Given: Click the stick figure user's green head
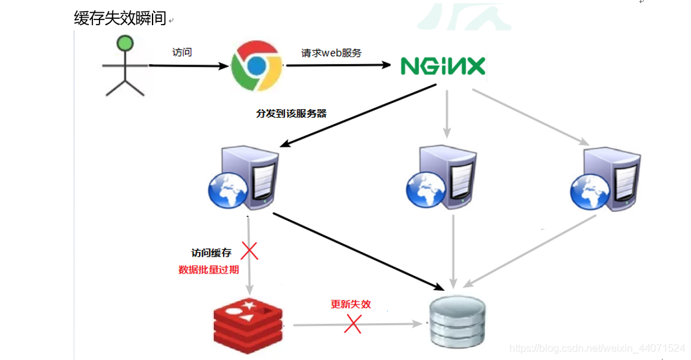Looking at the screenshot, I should pyautogui.click(x=124, y=45).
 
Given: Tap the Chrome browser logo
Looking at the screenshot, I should pyautogui.click(x=257, y=65).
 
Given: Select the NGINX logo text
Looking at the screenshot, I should pyautogui.click(x=442, y=66).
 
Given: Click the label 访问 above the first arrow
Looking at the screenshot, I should pyautogui.click(x=182, y=52).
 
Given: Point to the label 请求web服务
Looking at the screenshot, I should pyautogui.click(x=332, y=53).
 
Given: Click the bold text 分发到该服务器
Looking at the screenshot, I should pyautogui.click(x=291, y=113).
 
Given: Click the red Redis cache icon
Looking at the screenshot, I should pyautogui.click(x=250, y=323).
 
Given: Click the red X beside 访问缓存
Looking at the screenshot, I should pyautogui.click(x=250, y=251).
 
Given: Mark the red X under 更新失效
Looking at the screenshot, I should pyautogui.click(x=352, y=324).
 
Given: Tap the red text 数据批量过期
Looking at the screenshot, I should pyautogui.click(x=208, y=270).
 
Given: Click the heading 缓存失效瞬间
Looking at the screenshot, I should pyautogui.click(x=120, y=19).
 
